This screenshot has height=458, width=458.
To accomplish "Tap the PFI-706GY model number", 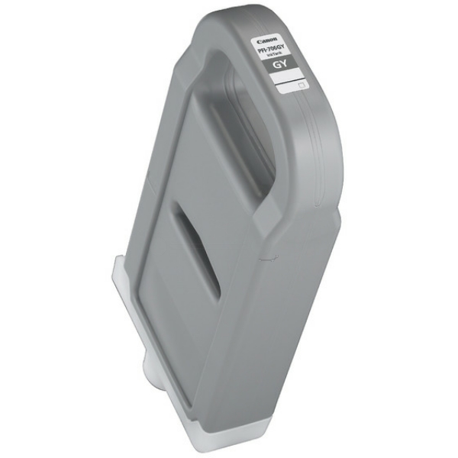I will coord(272,49).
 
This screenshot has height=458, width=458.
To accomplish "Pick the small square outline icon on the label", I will coord(301,86).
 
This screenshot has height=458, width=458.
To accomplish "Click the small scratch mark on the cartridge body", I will coord(267,260).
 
